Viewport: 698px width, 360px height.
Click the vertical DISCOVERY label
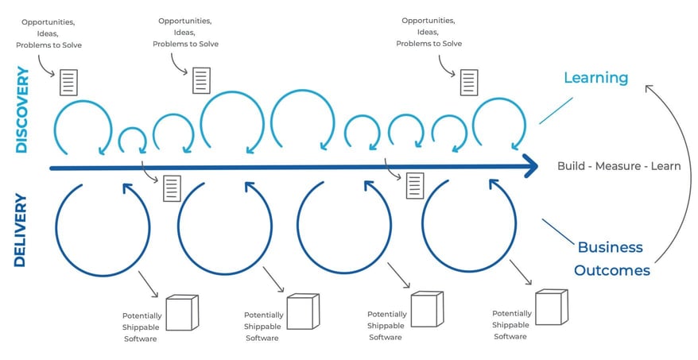[x=21, y=110]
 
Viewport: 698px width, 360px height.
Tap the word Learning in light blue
[x=595, y=78]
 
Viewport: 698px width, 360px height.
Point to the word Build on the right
[x=572, y=167]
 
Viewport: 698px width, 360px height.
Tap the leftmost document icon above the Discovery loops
[x=69, y=81]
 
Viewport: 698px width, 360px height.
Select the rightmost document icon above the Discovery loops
[x=469, y=81]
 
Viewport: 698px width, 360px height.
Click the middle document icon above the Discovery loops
[x=201, y=80]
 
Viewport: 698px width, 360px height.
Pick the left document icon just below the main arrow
[x=171, y=188]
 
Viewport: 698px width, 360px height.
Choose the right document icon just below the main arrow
[x=414, y=185]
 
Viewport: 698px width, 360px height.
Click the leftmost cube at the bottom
[x=181, y=312]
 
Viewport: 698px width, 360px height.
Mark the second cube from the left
[x=302, y=312]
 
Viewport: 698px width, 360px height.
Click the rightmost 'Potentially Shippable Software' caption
[x=511, y=325]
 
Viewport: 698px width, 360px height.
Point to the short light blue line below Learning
[x=556, y=110]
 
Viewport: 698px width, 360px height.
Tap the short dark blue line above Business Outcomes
[x=558, y=230]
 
